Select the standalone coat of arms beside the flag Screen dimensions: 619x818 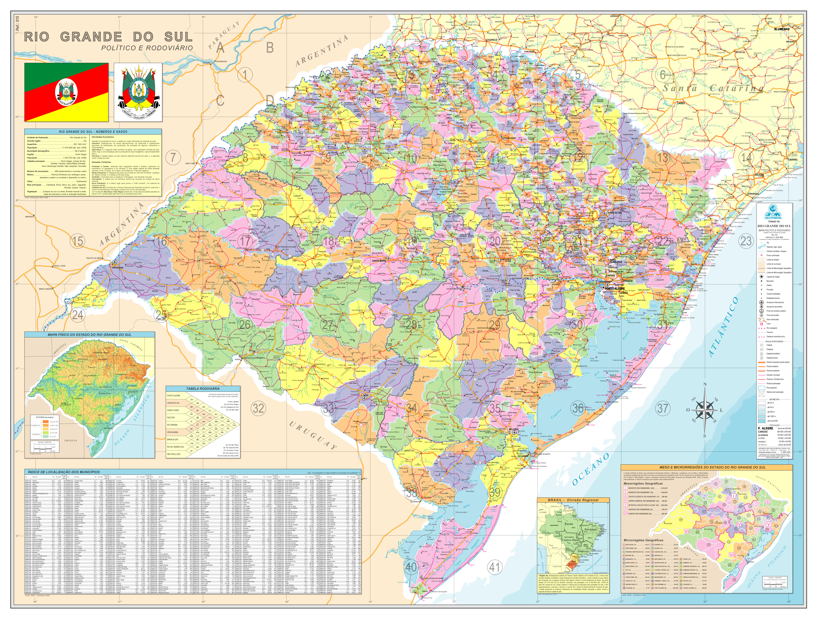tap(138, 92)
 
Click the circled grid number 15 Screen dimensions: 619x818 tap(77, 241)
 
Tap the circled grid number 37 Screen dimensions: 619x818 tap(662, 408)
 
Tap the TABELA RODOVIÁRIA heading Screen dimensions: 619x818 tap(203, 389)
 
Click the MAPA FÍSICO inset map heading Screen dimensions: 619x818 tap(89, 335)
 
